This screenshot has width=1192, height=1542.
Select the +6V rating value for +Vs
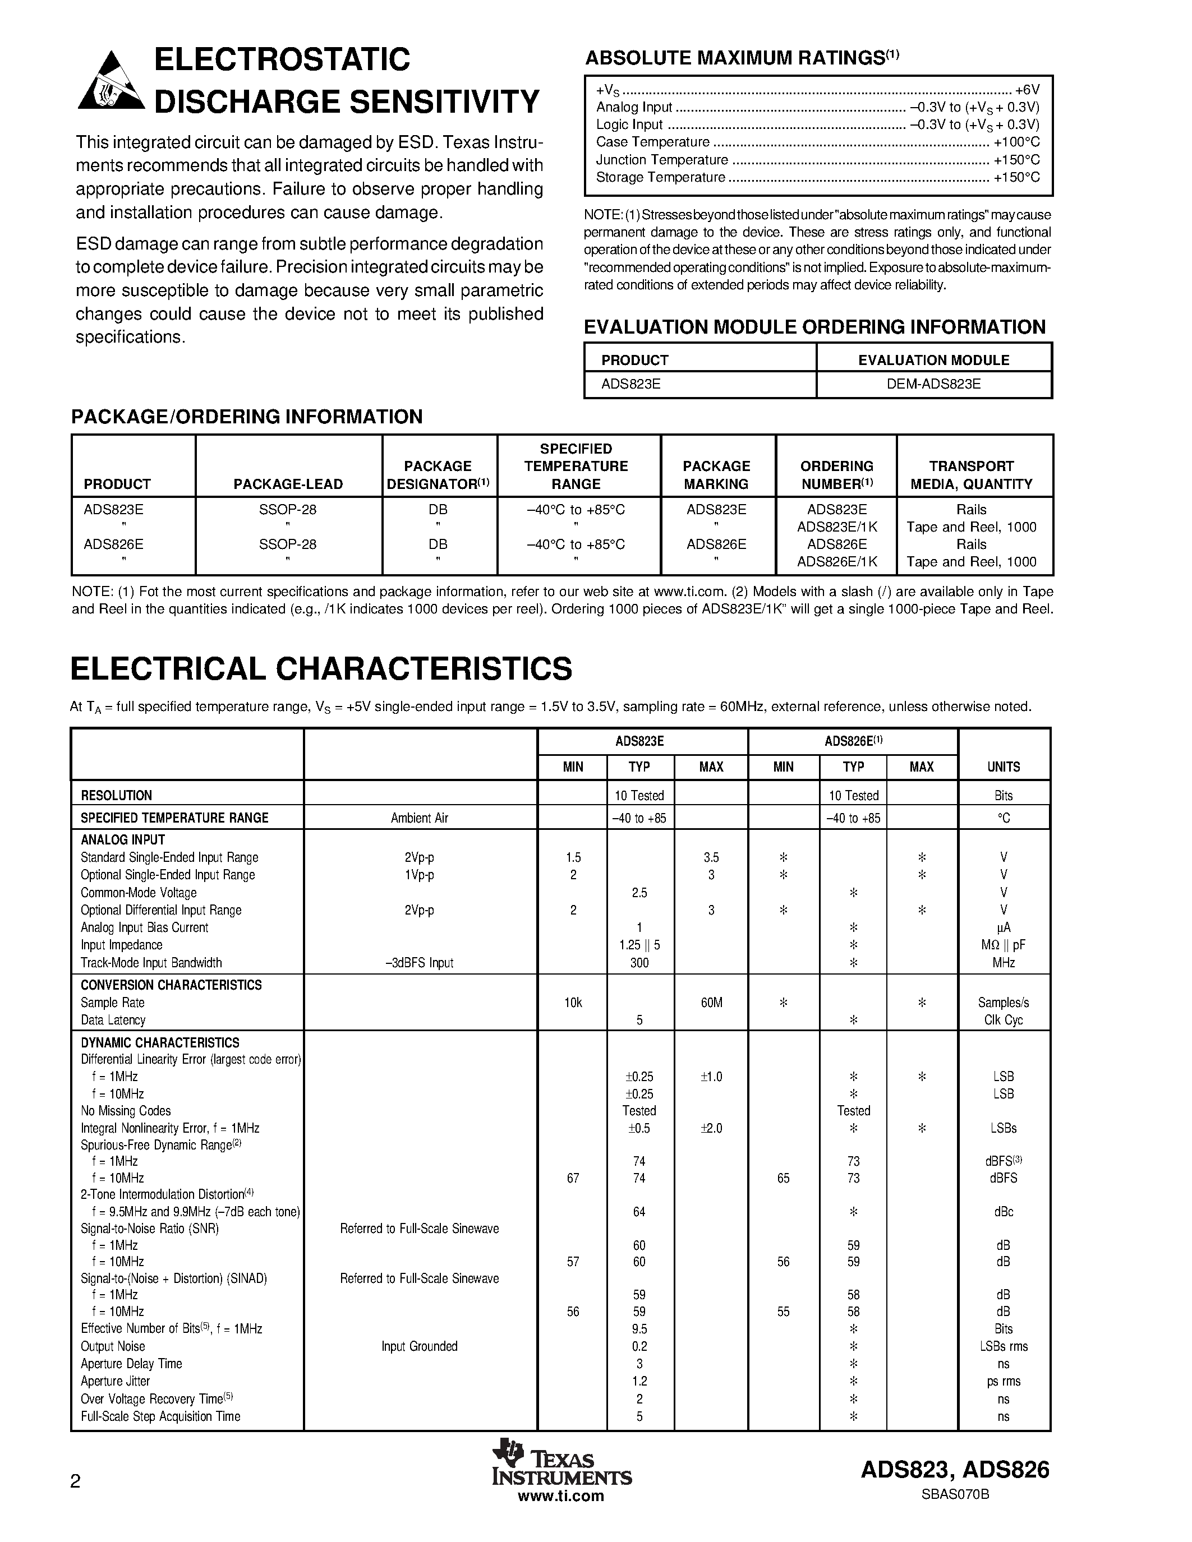coord(1028,90)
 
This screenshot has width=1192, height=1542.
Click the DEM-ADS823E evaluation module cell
coord(933,384)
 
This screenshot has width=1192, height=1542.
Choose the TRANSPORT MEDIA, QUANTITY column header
coord(971,475)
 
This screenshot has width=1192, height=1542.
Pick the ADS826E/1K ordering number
coord(837,562)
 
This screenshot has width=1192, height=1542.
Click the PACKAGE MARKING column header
coord(716,475)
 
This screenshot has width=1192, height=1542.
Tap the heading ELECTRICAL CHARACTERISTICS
coord(321,668)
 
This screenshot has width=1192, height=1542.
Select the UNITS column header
coord(1004,767)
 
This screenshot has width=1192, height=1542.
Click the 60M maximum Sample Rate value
coord(711,1003)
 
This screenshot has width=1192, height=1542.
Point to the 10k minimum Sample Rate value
coord(573,1003)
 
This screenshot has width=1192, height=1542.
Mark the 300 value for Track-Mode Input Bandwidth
coord(639,962)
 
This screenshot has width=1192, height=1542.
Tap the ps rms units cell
coord(1004,1381)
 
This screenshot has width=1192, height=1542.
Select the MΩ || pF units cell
coord(1004,945)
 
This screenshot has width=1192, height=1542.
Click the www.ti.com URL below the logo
coord(561,1495)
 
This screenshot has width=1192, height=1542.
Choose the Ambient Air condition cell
coord(420,818)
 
